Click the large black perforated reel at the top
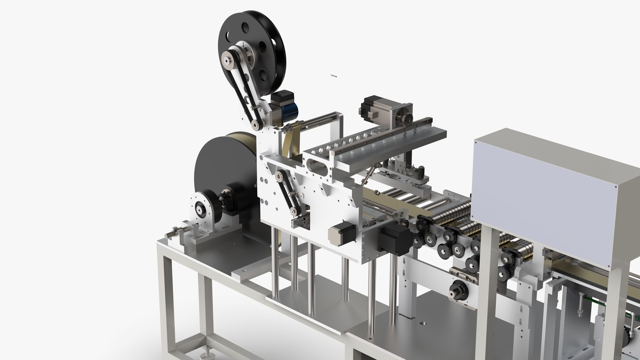tap(263, 43)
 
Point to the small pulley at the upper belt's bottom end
tap(255, 125)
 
